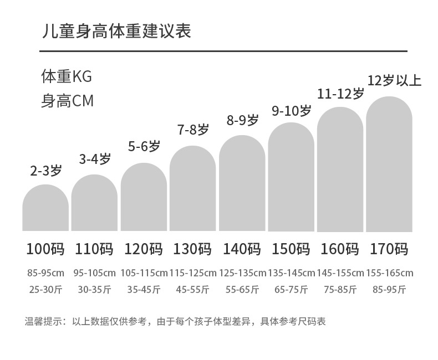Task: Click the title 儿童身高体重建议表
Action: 116,31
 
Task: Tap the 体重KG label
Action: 66,76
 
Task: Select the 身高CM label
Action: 67,101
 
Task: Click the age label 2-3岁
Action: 45,171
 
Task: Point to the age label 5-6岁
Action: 144,147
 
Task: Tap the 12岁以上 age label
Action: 394,81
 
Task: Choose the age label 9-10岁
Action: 291,111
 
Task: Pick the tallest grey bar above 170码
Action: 389,164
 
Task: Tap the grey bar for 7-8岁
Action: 192,189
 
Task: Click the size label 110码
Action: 94,249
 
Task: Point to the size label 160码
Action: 340,249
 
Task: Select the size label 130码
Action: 192,249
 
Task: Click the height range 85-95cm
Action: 45,273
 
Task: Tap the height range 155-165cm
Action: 389,273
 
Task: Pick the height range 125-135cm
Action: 242,273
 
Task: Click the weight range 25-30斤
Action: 45,289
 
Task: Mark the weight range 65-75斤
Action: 291,289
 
